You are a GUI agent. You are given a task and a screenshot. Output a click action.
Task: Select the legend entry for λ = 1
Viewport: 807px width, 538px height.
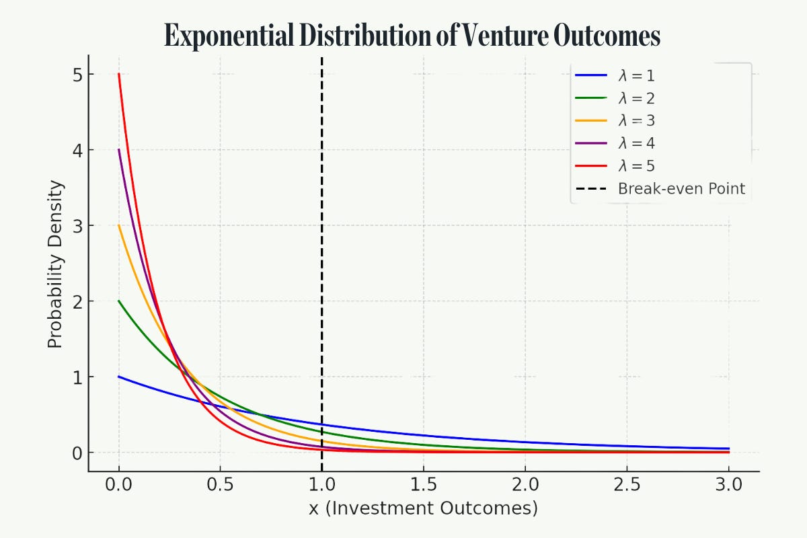pyautogui.click(x=636, y=76)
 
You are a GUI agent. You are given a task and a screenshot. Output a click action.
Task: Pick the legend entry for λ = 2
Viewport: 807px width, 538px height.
pyautogui.click(x=636, y=98)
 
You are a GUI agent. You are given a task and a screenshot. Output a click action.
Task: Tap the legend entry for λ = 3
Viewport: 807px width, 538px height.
pyautogui.click(x=636, y=121)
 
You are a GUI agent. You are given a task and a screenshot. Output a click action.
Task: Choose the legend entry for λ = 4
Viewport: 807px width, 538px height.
pyautogui.click(x=636, y=143)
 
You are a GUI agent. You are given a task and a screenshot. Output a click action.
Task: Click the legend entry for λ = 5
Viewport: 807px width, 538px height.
pyautogui.click(x=636, y=166)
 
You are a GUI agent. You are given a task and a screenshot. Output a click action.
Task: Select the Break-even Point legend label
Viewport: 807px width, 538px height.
pyautogui.click(x=681, y=188)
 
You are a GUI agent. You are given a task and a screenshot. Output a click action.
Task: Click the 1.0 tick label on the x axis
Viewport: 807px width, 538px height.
pyautogui.click(x=322, y=485)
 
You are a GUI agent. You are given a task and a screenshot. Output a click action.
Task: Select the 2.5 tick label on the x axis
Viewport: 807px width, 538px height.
pyautogui.click(x=627, y=485)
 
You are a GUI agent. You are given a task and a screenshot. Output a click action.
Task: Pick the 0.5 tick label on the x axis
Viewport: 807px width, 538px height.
pyautogui.click(x=221, y=485)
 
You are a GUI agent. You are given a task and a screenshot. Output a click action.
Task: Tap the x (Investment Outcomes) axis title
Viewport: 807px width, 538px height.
pyautogui.click(x=423, y=509)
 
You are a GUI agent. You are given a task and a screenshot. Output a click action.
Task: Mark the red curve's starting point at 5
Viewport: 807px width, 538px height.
pyautogui.click(x=119, y=74)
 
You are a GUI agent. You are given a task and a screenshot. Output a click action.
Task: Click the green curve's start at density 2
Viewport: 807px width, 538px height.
pyautogui.click(x=119, y=301)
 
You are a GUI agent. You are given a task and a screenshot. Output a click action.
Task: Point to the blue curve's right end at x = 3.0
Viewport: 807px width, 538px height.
pyautogui.click(x=728, y=449)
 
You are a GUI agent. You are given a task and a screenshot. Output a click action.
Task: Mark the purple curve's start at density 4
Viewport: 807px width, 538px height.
pyautogui.click(x=119, y=149)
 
